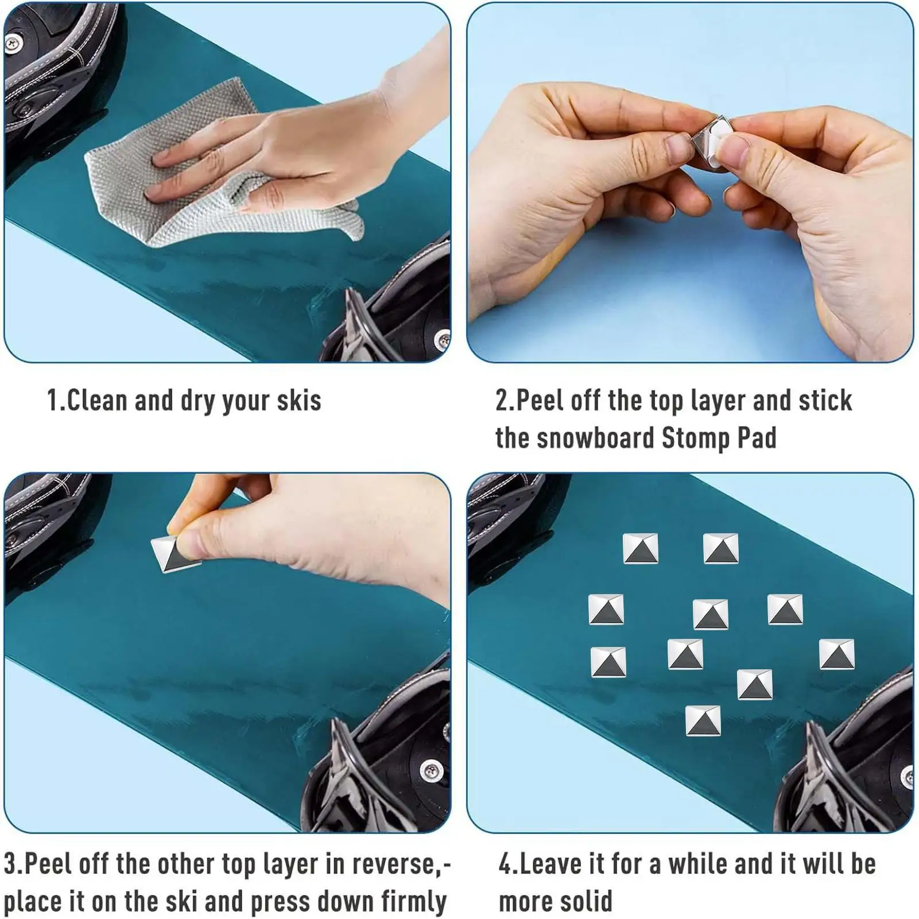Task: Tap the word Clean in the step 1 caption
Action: pyautogui.click(x=97, y=400)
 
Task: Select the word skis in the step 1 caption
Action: pyautogui.click(x=299, y=400)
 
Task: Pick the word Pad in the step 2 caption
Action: pyautogui.click(x=757, y=438)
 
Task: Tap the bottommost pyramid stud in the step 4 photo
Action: pyautogui.click(x=703, y=720)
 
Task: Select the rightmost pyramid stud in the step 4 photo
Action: pyautogui.click(x=837, y=654)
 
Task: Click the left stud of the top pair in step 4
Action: pyautogui.click(x=641, y=548)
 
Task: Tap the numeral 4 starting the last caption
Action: pyautogui.click(x=505, y=864)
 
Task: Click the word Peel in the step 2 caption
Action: pyautogui.click(x=540, y=400)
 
